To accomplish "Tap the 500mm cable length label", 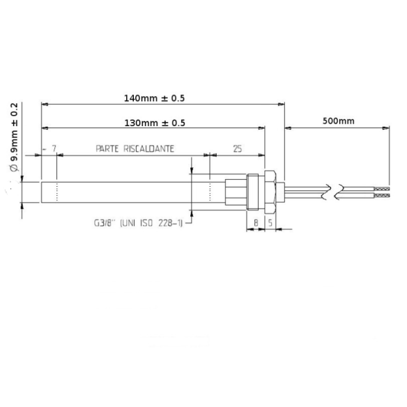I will (x=339, y=121).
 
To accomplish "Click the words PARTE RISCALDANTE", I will (x=135, y=149).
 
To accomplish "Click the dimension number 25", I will (x=238, y=149).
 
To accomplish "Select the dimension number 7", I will (x=54, y=149).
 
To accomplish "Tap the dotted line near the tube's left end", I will (x=56, y=192).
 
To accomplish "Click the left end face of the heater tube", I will (x=42, y=192).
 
